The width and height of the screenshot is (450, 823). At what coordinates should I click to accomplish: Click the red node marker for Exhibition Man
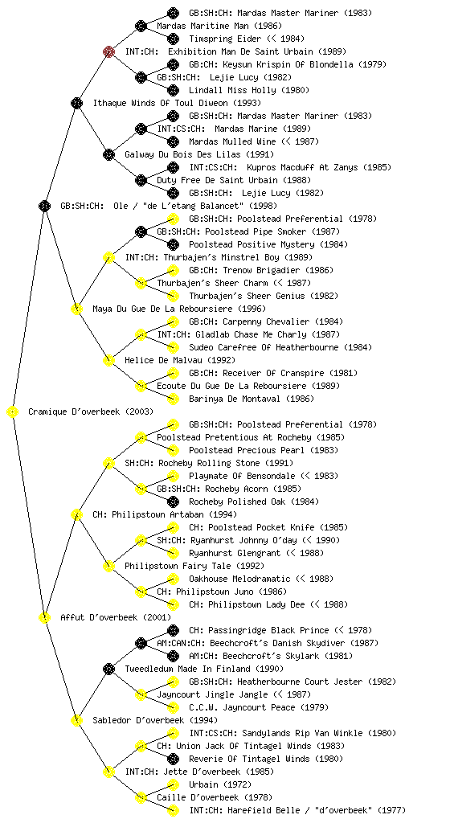(108, 51)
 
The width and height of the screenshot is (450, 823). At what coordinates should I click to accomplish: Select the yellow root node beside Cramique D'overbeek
(13, 411)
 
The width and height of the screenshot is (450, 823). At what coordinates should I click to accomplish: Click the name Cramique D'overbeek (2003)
(91, 411)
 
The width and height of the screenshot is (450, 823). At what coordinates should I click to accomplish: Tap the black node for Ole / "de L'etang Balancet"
(44, 206)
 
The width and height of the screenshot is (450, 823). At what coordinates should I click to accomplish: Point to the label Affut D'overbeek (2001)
(116, 617)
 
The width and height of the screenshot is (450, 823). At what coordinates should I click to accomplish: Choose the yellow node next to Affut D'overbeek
(44, 617)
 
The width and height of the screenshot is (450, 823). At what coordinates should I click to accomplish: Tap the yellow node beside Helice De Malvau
(108, 360)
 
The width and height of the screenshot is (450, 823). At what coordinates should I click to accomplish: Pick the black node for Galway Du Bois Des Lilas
(108, 154)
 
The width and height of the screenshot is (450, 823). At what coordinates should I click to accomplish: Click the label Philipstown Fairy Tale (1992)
(194, 566)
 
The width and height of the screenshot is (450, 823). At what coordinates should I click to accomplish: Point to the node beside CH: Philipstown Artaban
(76, 514)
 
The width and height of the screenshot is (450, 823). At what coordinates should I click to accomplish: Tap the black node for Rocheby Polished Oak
(173, 502)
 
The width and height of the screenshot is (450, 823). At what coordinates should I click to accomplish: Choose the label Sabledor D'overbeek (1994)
(155, 720)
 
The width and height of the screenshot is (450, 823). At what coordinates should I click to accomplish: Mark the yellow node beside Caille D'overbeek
(141, 797)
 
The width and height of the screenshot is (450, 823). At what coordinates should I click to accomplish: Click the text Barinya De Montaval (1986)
(252, 399)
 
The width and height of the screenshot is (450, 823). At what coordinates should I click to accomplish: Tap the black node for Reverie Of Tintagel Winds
(173, 759)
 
